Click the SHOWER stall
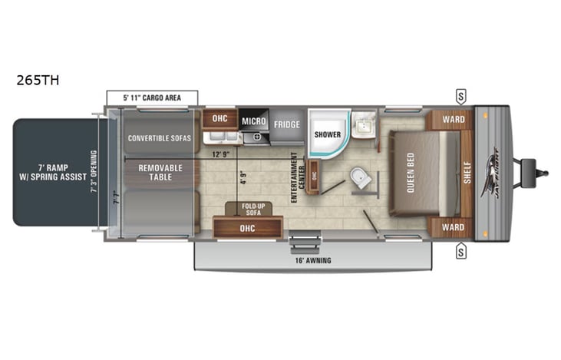(328, 134)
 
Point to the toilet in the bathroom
(358, 178)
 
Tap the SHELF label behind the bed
(466, 174)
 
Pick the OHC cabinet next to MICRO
(219, 119)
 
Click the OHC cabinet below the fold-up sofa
(246, 227)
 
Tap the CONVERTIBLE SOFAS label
(159, 139)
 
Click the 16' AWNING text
(312, 260)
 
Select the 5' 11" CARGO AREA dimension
(151, 97)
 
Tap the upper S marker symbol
(461, 97)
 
